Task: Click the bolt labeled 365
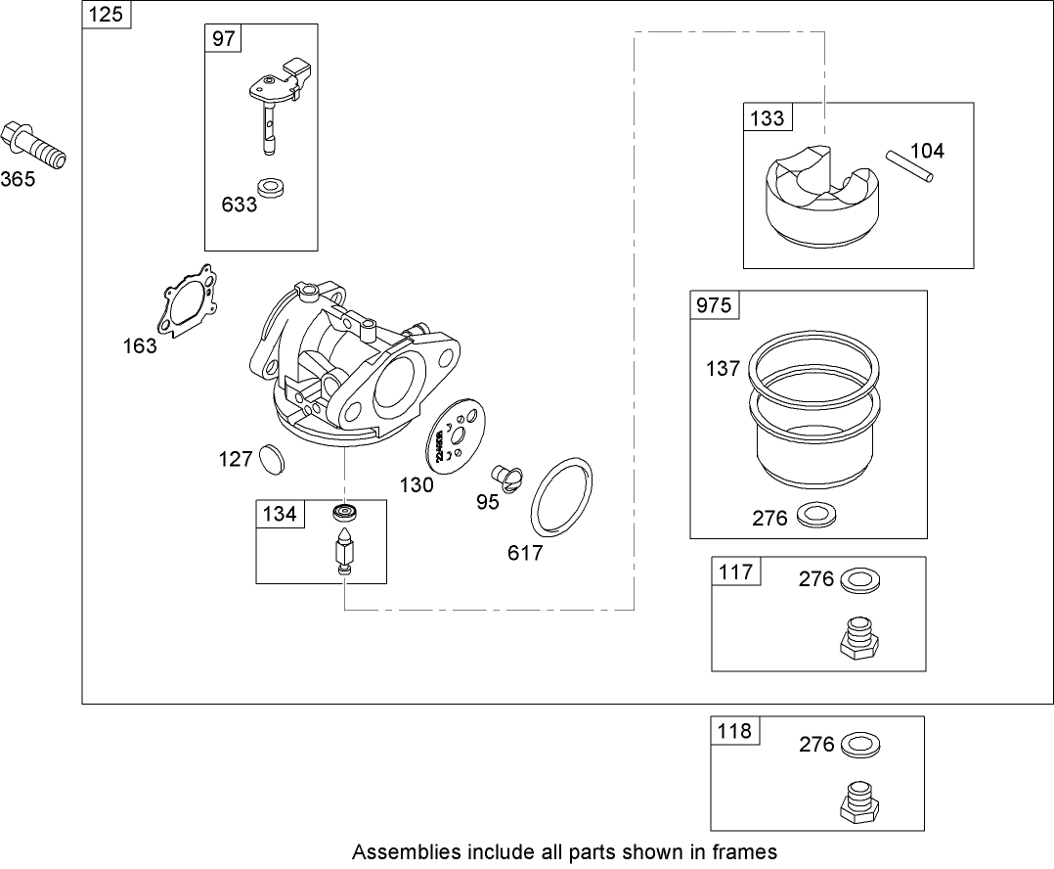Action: coord(33,146)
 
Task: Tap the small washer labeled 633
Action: coord(269,187)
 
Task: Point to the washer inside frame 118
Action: coord(857,744)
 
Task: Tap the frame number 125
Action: coord(106,15)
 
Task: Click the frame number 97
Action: coord(224,38)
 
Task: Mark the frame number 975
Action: coord(713,304)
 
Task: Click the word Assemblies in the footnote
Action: coord(398,851)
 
